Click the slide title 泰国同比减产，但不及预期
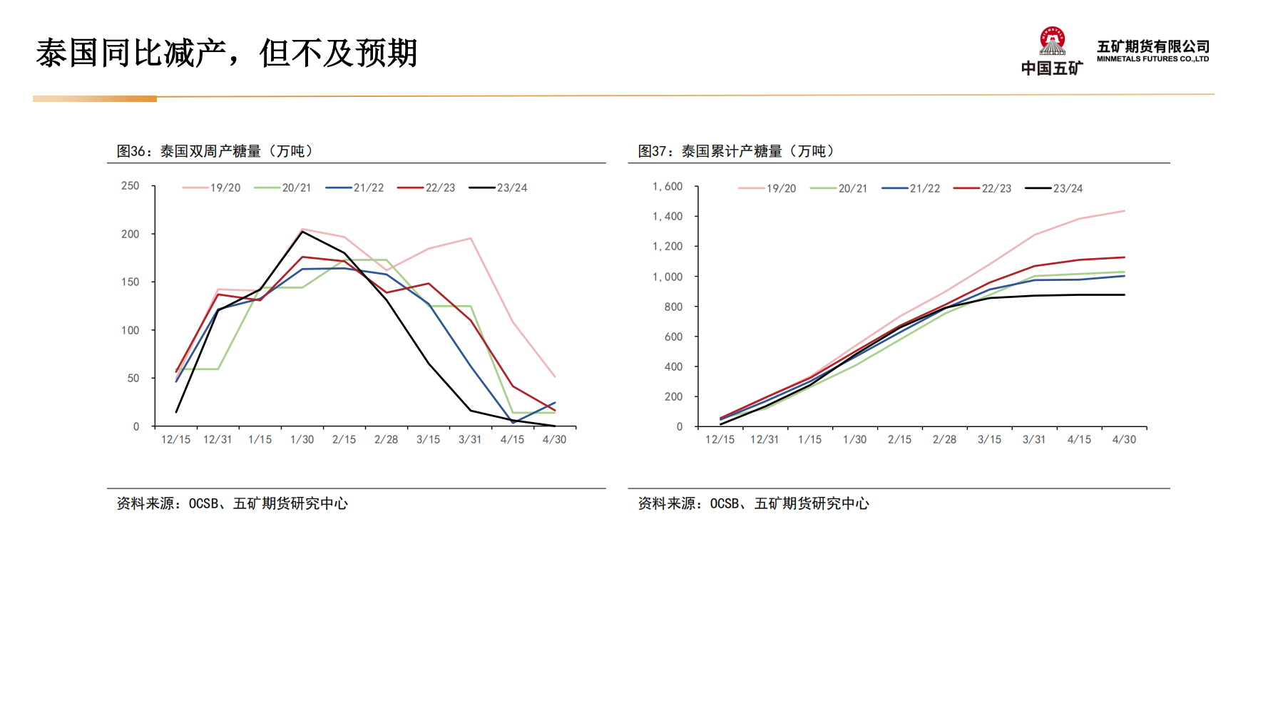click(x=226, y=53)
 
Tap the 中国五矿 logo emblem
click(x=1052, y=42)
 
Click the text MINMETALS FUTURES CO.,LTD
click(x=1152, y=59)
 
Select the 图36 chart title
click(x=215, y=151)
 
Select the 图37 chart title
click(x=736, y=151)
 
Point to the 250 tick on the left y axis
click(x=130, y=186)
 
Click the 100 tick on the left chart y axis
click(x=130, y=330)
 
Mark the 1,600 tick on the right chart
click(x=668, y=187)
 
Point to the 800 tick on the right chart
click(x=673, y=307)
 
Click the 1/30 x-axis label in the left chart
click(x=302, y=440)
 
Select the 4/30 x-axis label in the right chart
click(x=1124, y=440)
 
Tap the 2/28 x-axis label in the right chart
click(x=944, y=440)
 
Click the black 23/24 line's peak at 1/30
click(x=302, y=232)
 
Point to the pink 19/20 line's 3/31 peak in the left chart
click(x=471, y=239)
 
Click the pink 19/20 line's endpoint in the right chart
click(x=1124, y=211)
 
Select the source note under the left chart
click(x=232, y=503)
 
